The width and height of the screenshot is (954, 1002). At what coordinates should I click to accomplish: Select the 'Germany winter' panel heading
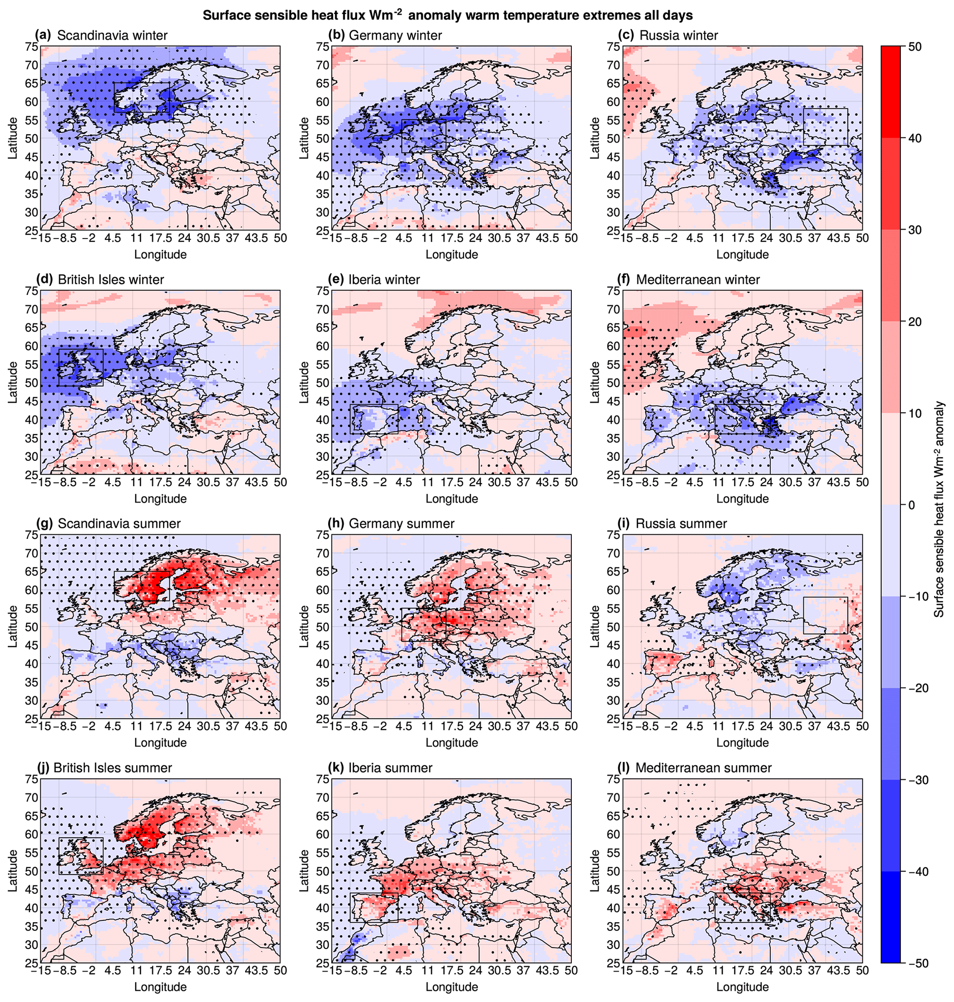point(395,36)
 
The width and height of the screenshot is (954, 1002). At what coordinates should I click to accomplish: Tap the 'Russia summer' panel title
point(681,524)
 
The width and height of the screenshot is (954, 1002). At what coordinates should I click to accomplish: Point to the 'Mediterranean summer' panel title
point(703,768)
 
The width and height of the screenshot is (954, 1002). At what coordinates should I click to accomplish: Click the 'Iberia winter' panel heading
point(384,280)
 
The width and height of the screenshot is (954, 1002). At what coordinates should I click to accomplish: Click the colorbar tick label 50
point(914,47)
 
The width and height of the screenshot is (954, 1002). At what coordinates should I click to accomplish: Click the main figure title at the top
point(448,15)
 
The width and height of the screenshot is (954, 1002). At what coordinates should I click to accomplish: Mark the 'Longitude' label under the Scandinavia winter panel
point(160,254)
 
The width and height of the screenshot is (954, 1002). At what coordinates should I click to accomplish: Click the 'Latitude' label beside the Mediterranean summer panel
point(594,871)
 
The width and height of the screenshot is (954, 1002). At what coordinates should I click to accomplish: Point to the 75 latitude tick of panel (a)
point(32,47)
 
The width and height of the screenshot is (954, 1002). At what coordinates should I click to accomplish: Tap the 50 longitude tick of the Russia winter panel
point(862,238)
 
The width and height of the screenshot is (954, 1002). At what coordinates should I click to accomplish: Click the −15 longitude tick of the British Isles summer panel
point(41,971)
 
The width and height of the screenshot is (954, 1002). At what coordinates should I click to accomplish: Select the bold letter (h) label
point(338,524)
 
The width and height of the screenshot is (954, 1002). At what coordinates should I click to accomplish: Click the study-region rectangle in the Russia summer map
point(825,615)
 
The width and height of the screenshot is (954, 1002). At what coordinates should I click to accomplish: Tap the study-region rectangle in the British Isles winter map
point(81,367)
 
